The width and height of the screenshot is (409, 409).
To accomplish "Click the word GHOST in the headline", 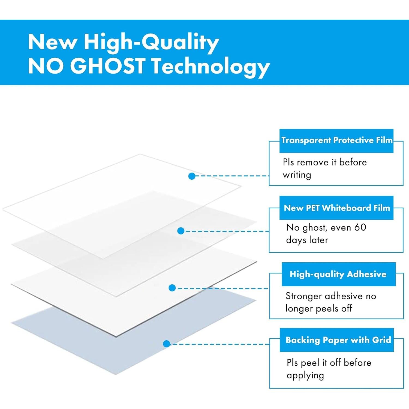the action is [x=109, y=66].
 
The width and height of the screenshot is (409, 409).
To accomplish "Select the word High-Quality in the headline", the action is [x=151, y=43].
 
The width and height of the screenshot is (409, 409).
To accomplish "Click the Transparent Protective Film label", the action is [x=336, y=140].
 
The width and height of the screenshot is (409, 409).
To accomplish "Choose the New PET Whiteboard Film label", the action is [x=336, y=208].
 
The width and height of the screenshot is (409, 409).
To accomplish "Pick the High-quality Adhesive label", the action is [x=338, y=274].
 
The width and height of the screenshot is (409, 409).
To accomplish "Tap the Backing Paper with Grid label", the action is [x=337, y=340].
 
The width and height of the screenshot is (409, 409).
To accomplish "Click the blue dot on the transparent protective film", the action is [x=192, y=176].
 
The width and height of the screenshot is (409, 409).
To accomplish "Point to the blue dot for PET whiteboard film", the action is [x=181, y=231].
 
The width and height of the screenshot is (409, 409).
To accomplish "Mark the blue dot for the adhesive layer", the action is [x=172, y=288].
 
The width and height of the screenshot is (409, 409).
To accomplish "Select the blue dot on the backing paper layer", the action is [x=167, y=344].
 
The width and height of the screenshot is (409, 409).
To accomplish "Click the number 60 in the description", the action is [x=360, y=227].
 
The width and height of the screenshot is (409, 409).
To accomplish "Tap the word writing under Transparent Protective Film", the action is [x=297, y=175].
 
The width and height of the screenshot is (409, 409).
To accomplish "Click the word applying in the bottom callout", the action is [x=305, y=376].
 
